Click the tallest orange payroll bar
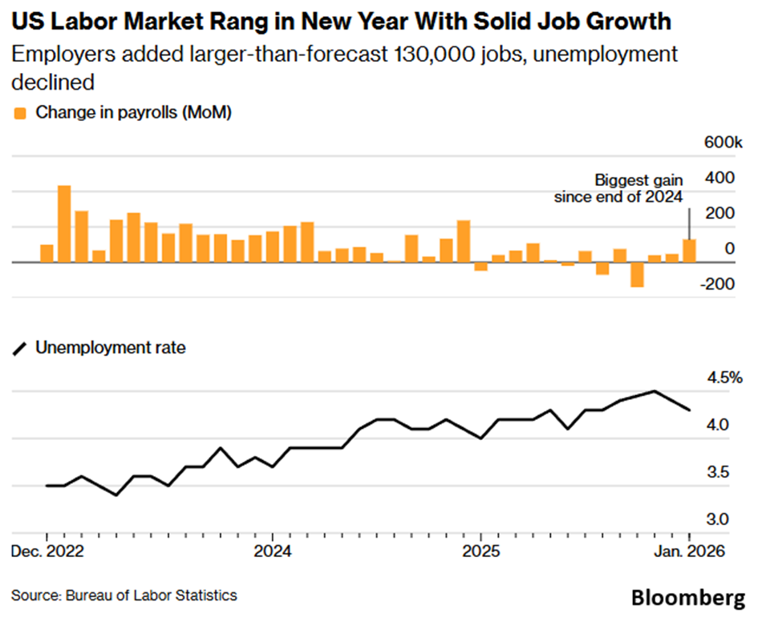coord(64,224)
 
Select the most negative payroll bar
coord(637,274)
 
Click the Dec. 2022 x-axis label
coord(46,552)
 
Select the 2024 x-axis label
coord(272,552)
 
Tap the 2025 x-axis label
coord(480,552)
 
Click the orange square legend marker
coord(21,112)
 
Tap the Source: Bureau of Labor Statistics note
coord(124,596)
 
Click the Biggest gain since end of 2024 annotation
coord(618,188)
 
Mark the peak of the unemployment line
coord(655,391)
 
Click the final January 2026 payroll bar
coord(689,250)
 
